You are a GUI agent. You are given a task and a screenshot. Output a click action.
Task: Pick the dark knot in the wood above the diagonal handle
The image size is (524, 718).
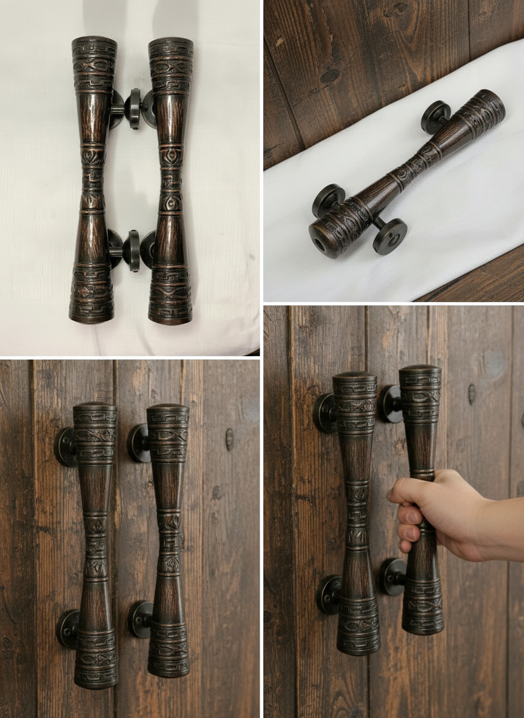pyautogui.click(x=329, y=76)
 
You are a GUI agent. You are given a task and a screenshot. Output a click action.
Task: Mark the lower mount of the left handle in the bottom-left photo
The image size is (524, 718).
pyautogui.click(x=67, y=629)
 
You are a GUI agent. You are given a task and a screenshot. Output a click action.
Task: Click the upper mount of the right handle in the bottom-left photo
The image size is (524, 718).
pyautogui.click(x=138, y=442)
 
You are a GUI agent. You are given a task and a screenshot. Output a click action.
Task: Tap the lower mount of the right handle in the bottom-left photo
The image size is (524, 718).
pyautogui.click(x=140, y=619)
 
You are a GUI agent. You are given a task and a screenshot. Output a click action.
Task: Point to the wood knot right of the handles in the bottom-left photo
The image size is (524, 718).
pyautogui.click(x=229, y=439)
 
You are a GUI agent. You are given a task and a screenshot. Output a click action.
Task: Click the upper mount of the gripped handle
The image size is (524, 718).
pyautogui.click(x=391, y=403)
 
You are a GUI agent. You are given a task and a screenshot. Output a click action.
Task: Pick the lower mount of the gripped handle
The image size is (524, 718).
pyautogui.click(x=392, y=576)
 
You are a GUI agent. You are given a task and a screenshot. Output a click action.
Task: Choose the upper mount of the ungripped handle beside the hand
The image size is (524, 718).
pyautogui.click(x=325, y=413)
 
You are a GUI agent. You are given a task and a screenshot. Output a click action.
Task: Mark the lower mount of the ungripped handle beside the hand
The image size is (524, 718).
pyautogui.click(x=329, y=594)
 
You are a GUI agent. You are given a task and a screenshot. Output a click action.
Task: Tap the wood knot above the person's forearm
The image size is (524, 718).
pyautogui.click(x=472, y=394)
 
